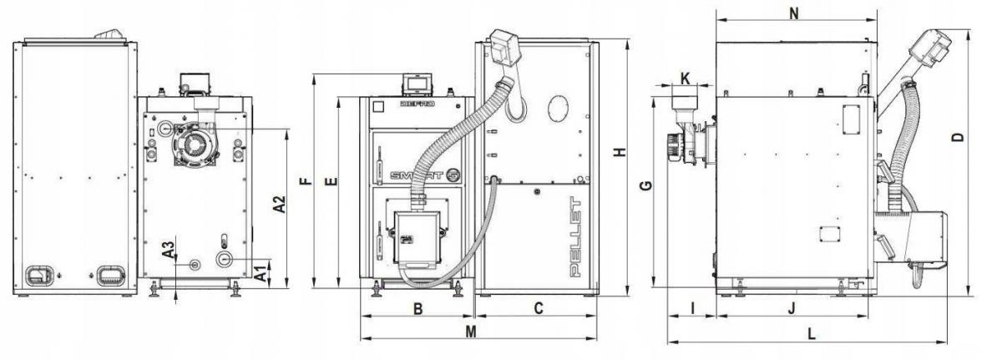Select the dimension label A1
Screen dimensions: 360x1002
coord(260,271)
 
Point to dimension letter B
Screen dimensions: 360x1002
coord(419,308)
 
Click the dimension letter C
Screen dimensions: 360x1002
coord(539,308)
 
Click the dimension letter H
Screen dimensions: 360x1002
coord(619,153)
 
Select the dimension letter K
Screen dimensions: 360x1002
coord(685,79)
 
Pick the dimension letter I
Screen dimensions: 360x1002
coord(692,308)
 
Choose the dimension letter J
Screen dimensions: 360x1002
coord(792,308)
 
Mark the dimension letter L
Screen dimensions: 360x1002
coord(812,332)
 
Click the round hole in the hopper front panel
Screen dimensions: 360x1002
coord(559,109)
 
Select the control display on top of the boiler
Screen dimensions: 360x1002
coord(415,83)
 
